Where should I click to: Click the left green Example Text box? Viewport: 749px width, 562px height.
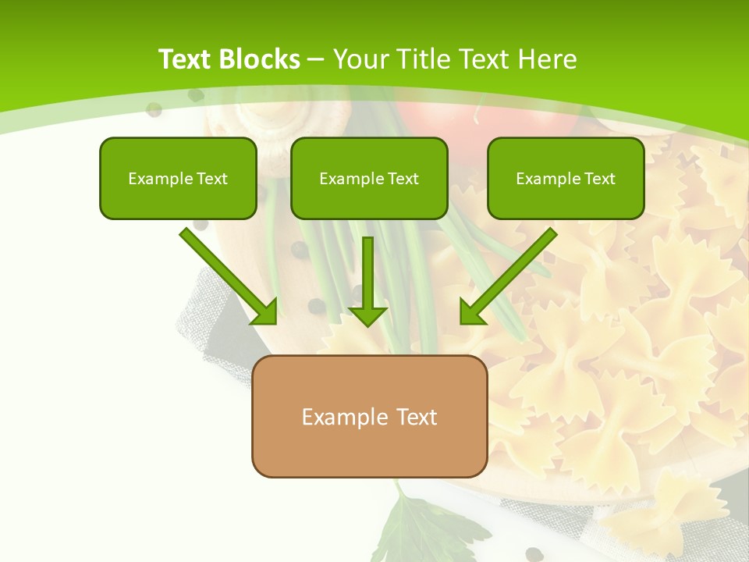(178, 178)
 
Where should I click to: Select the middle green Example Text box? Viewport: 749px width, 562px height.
(369, 178)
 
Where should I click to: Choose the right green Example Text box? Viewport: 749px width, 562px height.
(566, 178)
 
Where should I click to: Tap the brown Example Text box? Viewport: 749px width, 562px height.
(369, 416)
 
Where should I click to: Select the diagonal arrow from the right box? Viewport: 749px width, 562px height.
(507, 277)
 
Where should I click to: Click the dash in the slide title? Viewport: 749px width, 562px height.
(317, 59)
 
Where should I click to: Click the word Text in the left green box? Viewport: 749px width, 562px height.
(211, 178)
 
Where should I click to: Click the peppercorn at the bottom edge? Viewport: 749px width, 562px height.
(534, 554)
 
